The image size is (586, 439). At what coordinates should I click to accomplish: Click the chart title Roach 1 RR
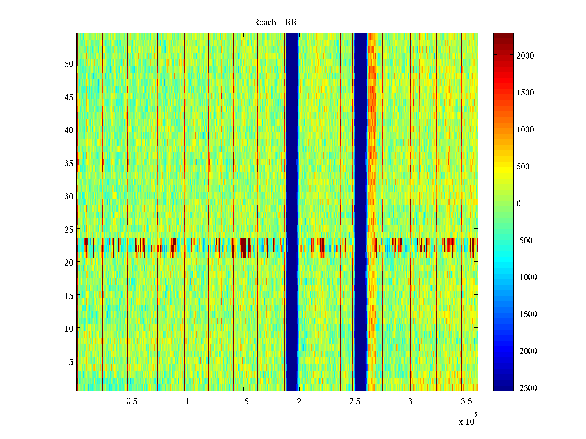point(275,23)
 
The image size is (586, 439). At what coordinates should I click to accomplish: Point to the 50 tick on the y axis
point(69,64)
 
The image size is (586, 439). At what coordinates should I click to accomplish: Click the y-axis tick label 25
point(69,229)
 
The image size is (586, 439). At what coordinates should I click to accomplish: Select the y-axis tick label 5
point(71,362)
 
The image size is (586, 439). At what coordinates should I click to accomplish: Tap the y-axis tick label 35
point(69,163)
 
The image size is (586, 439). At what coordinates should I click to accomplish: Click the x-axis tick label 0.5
point(132,402)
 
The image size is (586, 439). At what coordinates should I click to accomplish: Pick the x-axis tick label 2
point(299,402)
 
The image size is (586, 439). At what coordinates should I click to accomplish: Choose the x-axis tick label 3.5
point(466,402)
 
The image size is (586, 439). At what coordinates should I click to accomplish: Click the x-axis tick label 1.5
point(243,402)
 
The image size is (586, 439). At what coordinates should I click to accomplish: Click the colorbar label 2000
point(525,56)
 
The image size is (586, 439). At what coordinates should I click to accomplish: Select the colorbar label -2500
point(526,388)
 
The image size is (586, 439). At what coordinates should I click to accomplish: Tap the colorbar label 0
point(518,203)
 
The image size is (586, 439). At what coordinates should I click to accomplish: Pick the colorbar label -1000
point(526,277)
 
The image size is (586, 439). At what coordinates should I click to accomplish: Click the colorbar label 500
point(523,166)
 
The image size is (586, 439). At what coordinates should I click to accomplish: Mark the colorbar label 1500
point(525,93)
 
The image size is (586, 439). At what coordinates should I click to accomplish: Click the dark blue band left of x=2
point(292,212)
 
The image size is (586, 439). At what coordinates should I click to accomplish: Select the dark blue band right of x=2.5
point(361,212)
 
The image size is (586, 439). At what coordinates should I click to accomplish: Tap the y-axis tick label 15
point(69,296)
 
